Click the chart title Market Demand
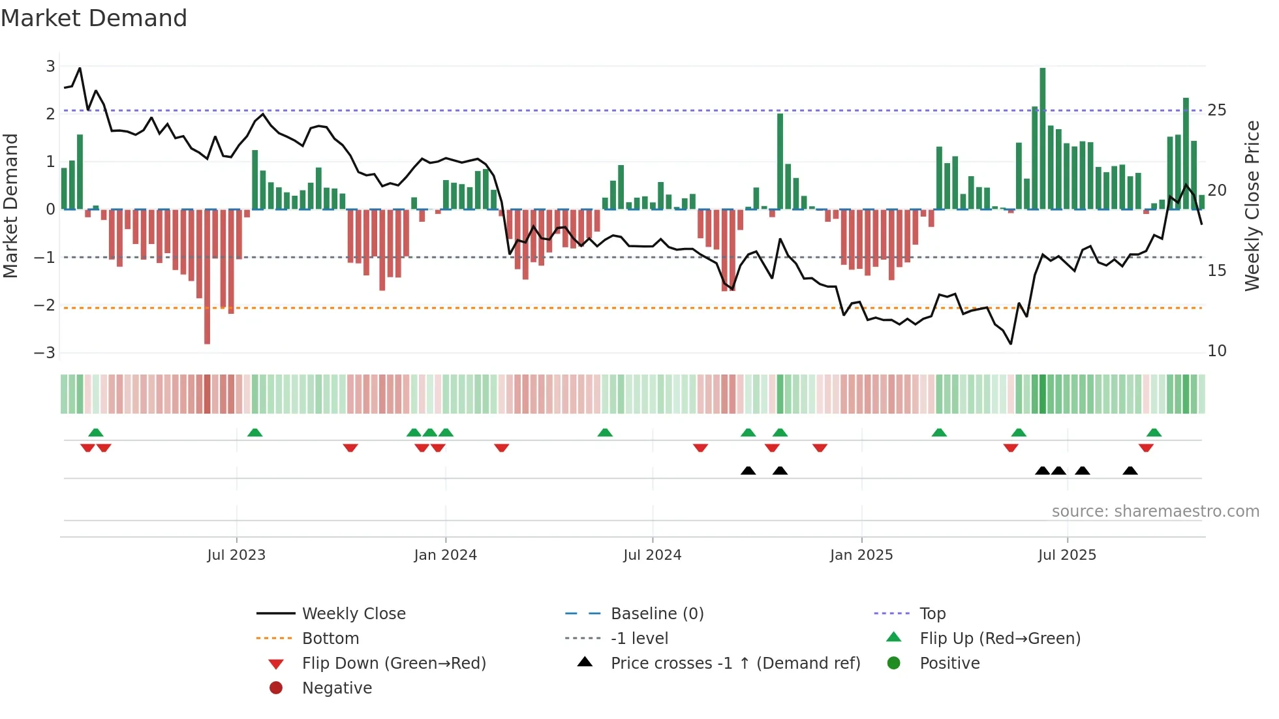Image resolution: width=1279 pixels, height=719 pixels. (94, 18)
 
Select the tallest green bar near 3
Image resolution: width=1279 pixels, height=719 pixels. (1042, 137)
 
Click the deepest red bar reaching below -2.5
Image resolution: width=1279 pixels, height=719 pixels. (207, 277)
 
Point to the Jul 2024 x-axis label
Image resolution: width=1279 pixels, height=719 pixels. (652, 555)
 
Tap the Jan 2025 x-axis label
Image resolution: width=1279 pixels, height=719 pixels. (861, 555)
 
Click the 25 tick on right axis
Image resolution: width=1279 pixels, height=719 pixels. (1216, 110)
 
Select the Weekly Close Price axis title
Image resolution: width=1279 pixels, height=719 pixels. (1252, 206)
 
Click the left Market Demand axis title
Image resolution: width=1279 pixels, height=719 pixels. (10, 206)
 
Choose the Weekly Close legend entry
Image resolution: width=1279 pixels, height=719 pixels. (353, 614)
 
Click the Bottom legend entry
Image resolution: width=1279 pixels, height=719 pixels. (330, 639)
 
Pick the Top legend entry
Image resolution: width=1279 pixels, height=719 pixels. (932, 614)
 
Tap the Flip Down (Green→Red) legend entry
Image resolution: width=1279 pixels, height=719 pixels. (393, 664)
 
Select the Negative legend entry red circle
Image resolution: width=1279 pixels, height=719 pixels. (276, 688)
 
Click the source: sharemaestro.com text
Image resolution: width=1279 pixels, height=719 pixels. (1155, 512)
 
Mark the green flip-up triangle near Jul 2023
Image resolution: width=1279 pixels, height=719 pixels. (255, 433)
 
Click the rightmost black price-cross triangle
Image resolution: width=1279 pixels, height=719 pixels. (1130, 471)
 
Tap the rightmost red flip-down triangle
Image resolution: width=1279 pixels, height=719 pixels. (1146, 448)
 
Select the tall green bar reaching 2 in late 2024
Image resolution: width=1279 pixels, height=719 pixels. (780, 161)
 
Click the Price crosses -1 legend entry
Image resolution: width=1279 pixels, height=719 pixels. (735, 664)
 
